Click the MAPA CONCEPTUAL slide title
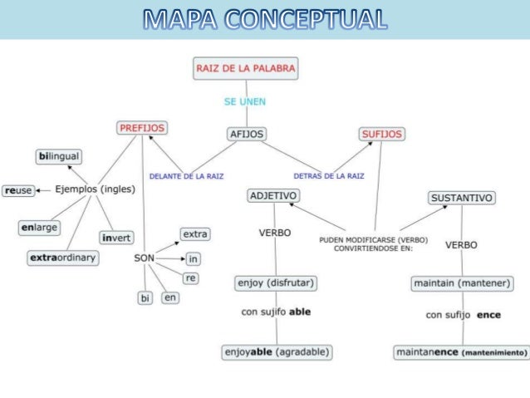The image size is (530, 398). [x=265, y=19]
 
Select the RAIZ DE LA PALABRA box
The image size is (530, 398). [x=244, y=68]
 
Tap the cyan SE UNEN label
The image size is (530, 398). [x=244, y=102]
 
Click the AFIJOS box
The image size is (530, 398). [x=246, y=133]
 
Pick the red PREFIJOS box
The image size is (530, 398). [x=141, y=128]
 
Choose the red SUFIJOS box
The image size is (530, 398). [x=381, y=133]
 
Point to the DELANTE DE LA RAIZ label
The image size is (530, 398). [x=186, y=176]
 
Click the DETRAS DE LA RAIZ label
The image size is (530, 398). [x=329, y=176]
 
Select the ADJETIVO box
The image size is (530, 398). [x=273, y=195]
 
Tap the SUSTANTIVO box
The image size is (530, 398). [x=462, y=198]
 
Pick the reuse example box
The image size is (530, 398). [x=18, y=190]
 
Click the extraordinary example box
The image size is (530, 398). [x=63, y=258]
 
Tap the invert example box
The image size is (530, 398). [x=116, y=238]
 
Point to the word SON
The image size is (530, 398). [x=145, y=258]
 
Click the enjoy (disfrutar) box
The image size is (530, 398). [x=276, y=283]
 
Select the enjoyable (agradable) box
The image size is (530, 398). [x=277, y=351]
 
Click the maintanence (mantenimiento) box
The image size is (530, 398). [x=461, y=352]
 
